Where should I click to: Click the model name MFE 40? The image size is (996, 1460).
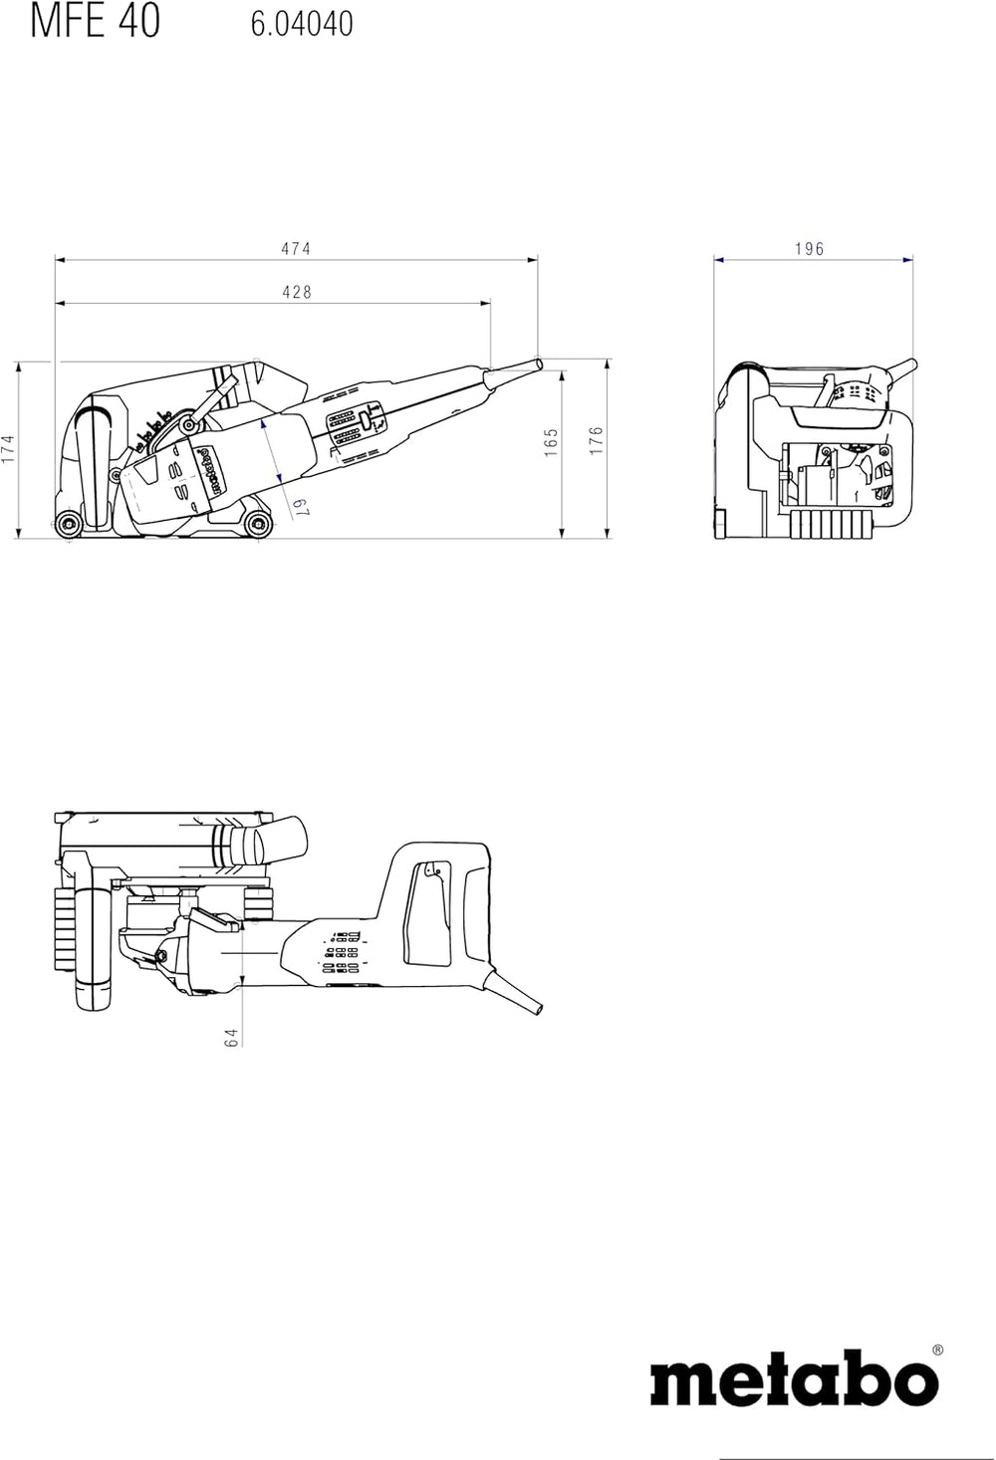coord(96,21)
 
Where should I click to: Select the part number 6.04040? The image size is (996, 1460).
coord(302,24)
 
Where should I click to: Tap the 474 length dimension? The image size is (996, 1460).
coord(296,248)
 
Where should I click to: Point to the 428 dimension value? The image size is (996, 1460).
coord(297,292)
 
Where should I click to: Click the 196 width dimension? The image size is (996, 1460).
coord(810,248)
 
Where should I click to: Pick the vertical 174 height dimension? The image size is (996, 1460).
coord(7,449)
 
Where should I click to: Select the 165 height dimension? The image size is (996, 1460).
coord(552,442)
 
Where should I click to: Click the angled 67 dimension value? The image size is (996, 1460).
coord(301,507)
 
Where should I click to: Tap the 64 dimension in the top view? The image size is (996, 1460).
coord(231,1038)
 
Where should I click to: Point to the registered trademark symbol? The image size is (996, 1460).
coord(937,1349)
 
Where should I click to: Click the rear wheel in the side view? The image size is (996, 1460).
coord(68,524)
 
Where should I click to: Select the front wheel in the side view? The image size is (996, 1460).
coord(258,524)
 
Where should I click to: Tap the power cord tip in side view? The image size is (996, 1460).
coord(538,363)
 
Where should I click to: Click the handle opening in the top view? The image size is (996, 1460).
coord(428,913)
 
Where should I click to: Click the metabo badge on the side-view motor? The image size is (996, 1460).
coord(212,471)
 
